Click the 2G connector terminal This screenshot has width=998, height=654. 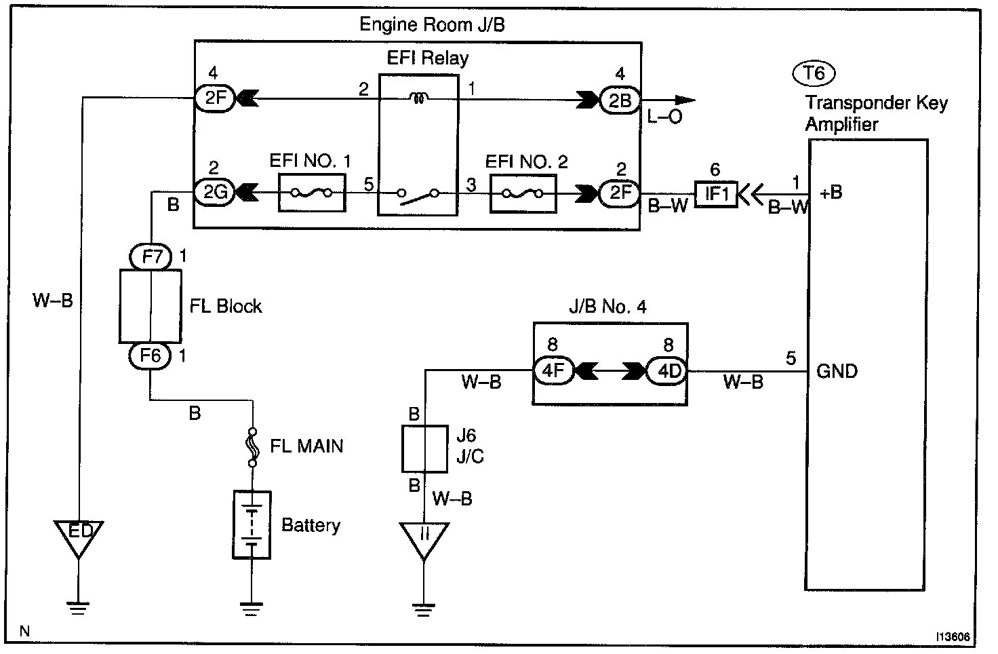point(215,193)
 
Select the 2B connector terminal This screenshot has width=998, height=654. point(619,100)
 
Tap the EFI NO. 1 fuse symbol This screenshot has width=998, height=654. point(312,193)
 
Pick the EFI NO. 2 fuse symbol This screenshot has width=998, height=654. point(522,193)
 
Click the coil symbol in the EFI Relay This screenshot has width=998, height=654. point(419,100)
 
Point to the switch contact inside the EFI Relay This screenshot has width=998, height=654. point(418,195)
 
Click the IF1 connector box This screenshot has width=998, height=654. point(716,194)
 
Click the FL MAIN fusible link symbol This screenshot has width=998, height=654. point(253,447)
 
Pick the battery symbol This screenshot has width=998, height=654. point(252,524)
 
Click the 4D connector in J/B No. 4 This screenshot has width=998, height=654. point(664,371)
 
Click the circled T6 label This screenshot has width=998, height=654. point(814,73)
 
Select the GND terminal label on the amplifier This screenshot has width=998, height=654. point(837,371)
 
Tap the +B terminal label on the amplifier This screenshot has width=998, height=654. point(831,193)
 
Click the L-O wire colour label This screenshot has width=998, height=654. point(664,117)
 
